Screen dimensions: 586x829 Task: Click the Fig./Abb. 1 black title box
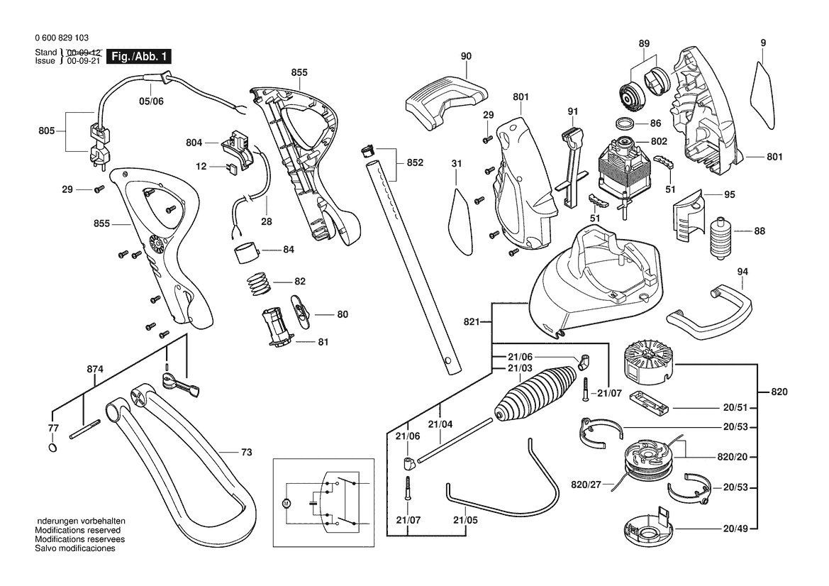pyautogui.click(x=138, y=57)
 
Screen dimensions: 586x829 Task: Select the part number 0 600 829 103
pyautogui.click(x=62, y=38)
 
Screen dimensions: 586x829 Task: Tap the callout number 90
pyautogui.click(x=466, y=56)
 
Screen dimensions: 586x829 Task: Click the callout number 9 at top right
pyautogui.click(x=763, y=43)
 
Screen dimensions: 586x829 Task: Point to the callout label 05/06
pyautogui.click(x=150, y=101)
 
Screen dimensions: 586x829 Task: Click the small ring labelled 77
pyautogui.click(x=53, y=448)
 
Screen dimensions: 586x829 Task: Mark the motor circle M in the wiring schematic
pyautogui.click(x=286, y=503)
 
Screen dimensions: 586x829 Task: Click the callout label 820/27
pyautogui.click(x=586, y=485)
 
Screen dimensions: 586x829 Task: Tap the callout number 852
pyautogui.click(x=415, y=162)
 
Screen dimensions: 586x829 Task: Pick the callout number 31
pyautogui.click(x=457, y=164)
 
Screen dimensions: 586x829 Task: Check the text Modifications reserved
pyautogui.click(x=78, y=530)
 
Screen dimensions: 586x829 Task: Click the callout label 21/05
pyautogui.click(x=465, y=520)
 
